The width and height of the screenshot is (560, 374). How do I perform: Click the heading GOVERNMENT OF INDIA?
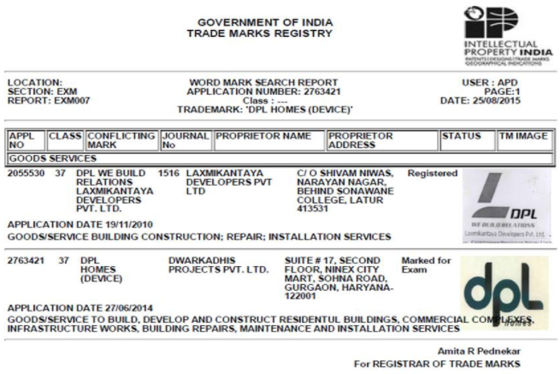tap(265, 22)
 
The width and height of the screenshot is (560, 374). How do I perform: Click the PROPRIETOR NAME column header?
tap(263, 135)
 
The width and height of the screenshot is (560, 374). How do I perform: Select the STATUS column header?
tap(462, 135)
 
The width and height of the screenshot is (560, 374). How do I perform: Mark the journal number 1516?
tap(169, 173)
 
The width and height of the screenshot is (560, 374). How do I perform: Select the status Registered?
tap(432, 173)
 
